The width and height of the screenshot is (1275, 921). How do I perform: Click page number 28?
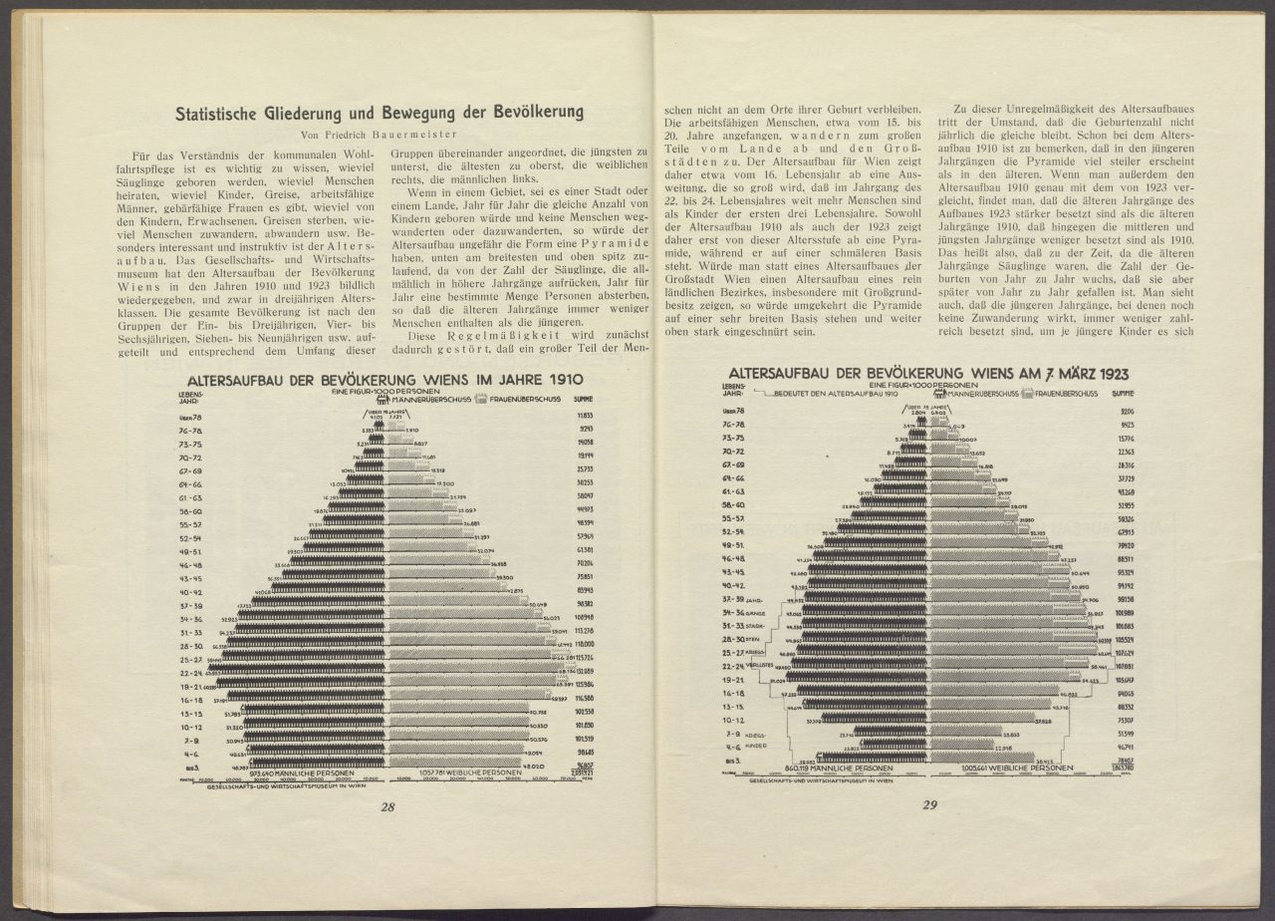tap(387, 806)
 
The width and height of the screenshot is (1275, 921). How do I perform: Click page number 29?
tap(929, 805)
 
